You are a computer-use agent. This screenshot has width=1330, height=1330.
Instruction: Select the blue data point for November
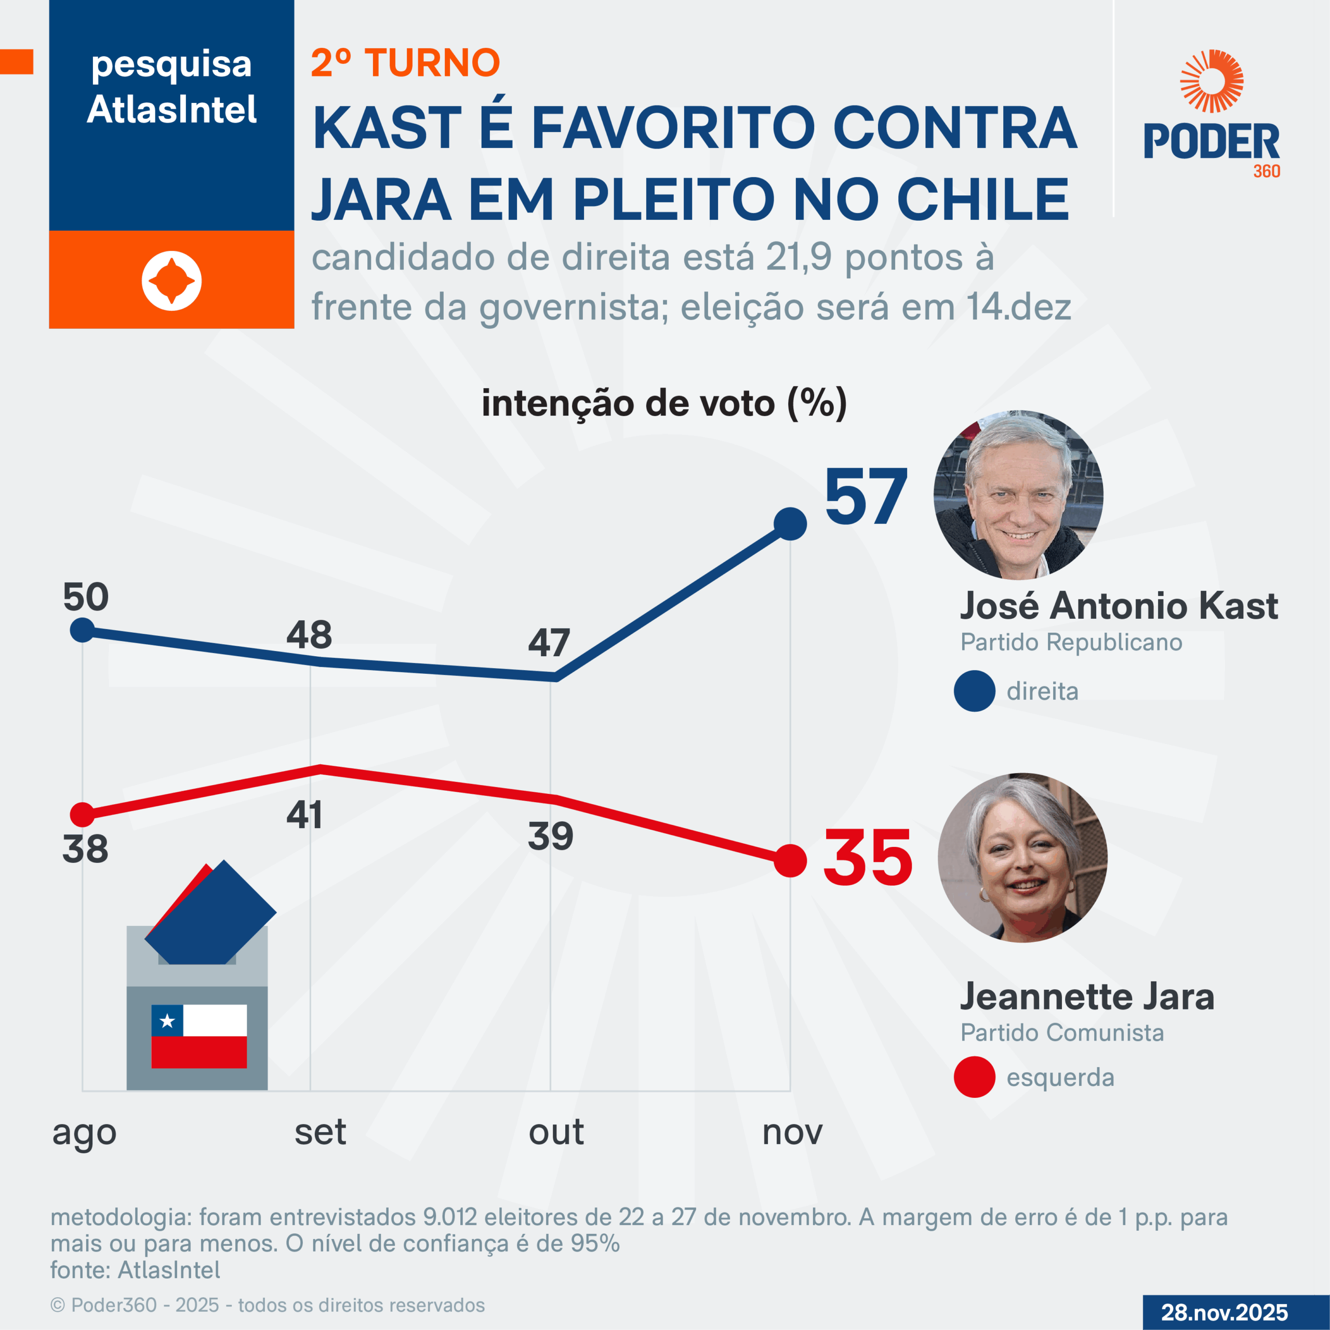790,524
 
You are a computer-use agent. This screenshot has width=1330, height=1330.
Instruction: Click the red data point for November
790,860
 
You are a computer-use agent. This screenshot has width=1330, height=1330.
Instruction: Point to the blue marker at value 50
83,629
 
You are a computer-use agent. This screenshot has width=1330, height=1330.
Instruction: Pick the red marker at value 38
83,815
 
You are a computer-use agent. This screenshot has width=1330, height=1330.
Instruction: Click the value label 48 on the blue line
309,635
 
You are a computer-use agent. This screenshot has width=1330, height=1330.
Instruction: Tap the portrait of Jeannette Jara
1022,858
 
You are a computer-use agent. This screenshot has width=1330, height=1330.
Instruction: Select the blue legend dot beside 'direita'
974,690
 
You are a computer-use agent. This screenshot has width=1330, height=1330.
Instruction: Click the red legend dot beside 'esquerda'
974,1076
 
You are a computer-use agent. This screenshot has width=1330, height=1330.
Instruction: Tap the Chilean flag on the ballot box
199,1036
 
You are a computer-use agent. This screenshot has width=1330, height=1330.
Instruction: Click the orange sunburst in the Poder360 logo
1211,81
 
